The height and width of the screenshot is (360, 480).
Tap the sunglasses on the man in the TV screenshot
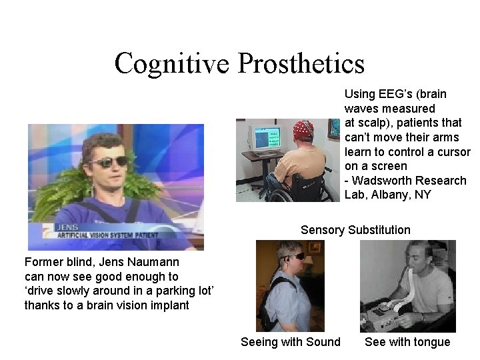click(x=109, y=161)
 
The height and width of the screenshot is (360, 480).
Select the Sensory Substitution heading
click(x=355, y=230)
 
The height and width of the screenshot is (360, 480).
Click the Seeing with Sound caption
click(x=290, y=342)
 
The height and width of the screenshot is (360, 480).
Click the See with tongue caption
click(x=407, y=342)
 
